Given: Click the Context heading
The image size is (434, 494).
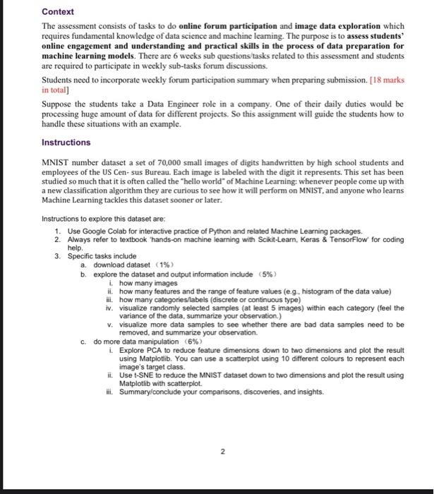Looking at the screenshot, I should [58, 12].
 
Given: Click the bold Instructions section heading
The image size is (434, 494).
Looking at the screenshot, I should [66, 143].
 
